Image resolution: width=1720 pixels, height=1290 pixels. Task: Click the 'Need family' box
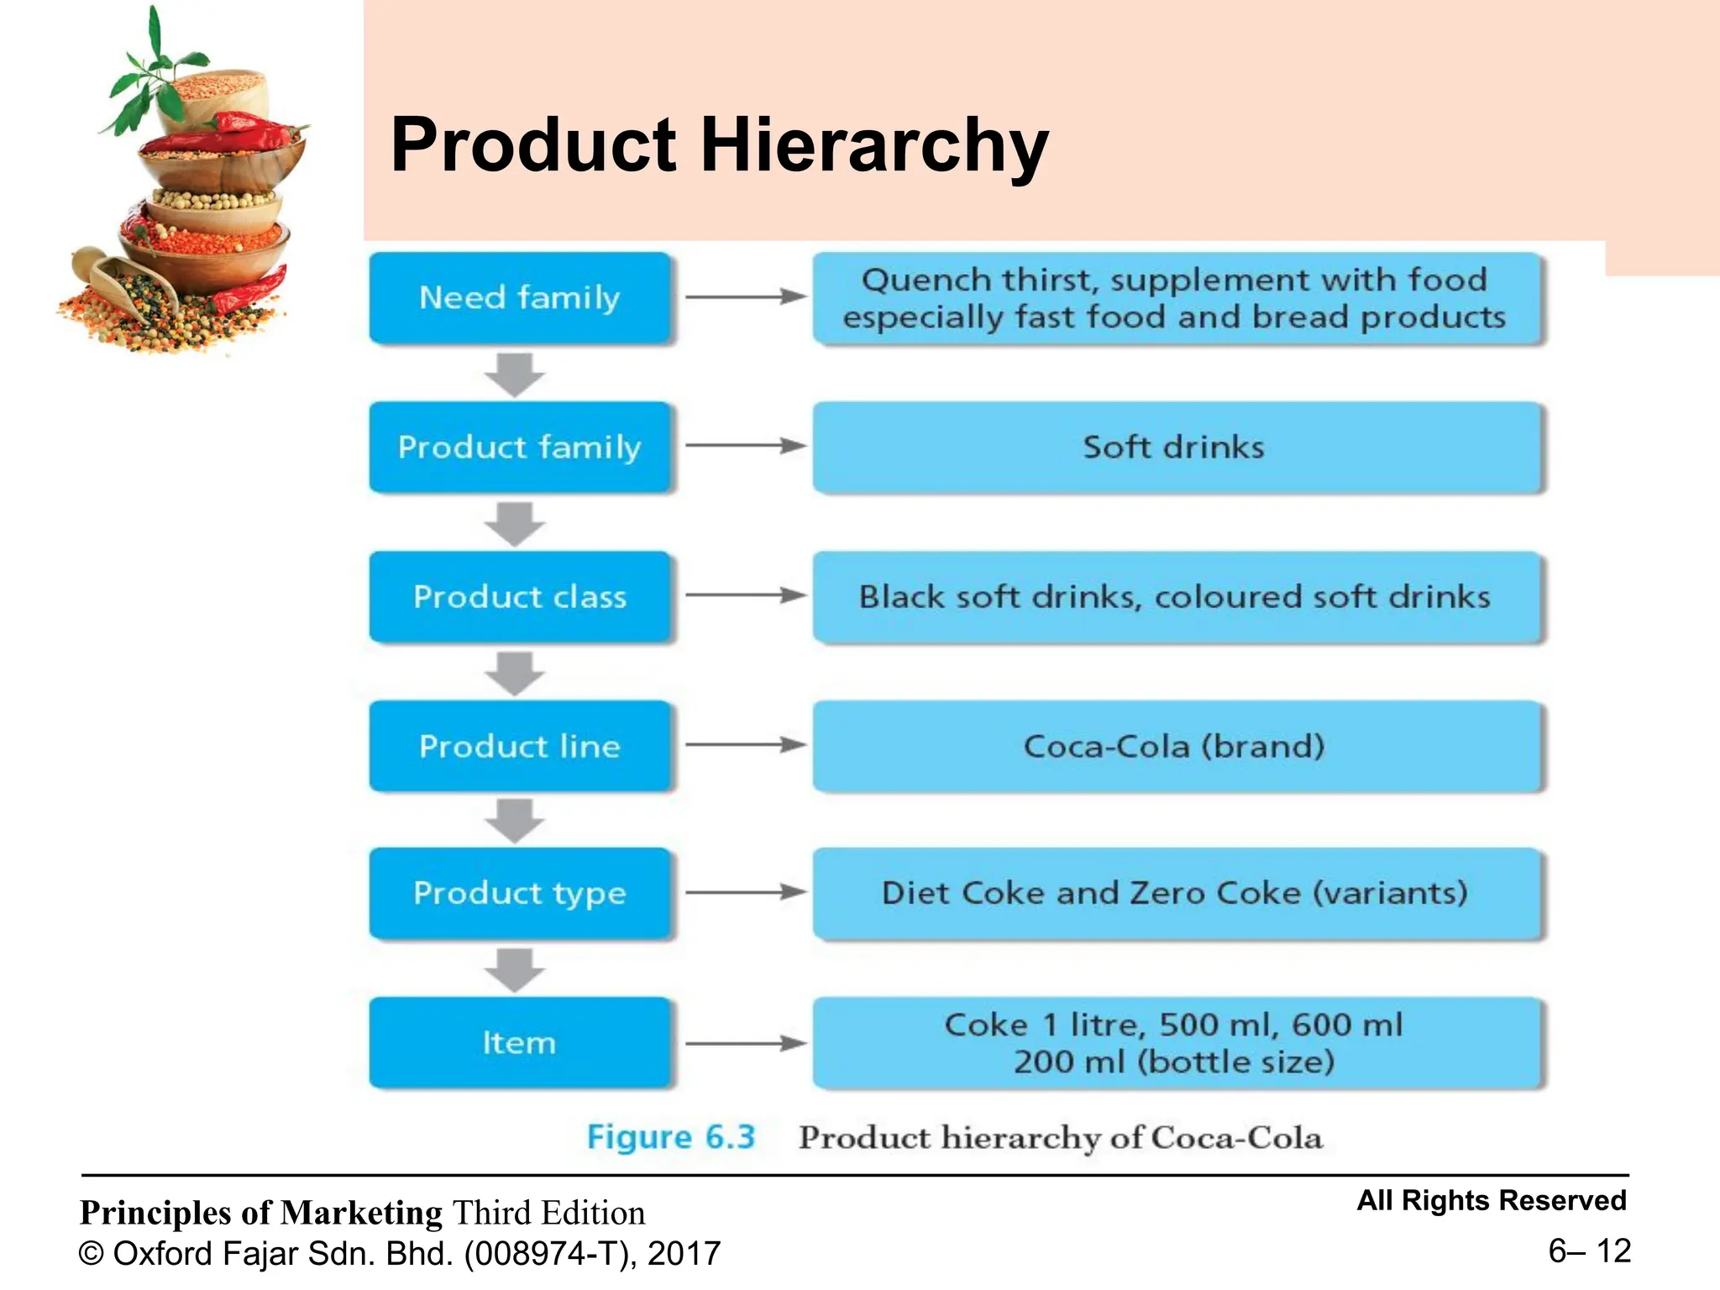pyautogui.click(x=520, y=298)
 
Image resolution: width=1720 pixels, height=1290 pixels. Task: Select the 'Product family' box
pyautogui.click(x=520, y=447)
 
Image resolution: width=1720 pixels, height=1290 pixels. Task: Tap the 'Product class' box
pyautogui.click(x=520, y=596)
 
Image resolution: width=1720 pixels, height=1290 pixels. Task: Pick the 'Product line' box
pyautogui.click(x=520, y=746)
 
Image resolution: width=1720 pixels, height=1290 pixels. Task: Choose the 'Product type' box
pyautogui.click(x=520, y=893)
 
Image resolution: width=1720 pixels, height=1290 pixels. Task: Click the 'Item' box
pyautogui.click(x=520, y=1042)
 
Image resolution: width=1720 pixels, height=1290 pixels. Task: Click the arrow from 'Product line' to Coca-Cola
pyautogui.click(x=744, y=745)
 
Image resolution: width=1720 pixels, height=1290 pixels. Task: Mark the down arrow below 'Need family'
pyautogui.click(x=515, y=375)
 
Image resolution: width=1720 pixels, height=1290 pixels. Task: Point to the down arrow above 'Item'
pyautogui.click(x=515, y=970)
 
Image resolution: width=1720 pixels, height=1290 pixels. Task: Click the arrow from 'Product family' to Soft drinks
pyautogui.click(x=744, y=446)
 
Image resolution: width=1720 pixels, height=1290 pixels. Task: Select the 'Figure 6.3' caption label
pyautogui.click(x=671, y=1137)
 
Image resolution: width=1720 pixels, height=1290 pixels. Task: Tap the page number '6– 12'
pyautogui.click(x=1589, y=1251)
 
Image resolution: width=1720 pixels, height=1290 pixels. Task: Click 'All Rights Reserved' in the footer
pyautogui.click(x=1492, y=1200)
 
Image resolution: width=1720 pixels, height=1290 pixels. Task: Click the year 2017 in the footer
pyautogui.click(x=684, y=1253)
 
